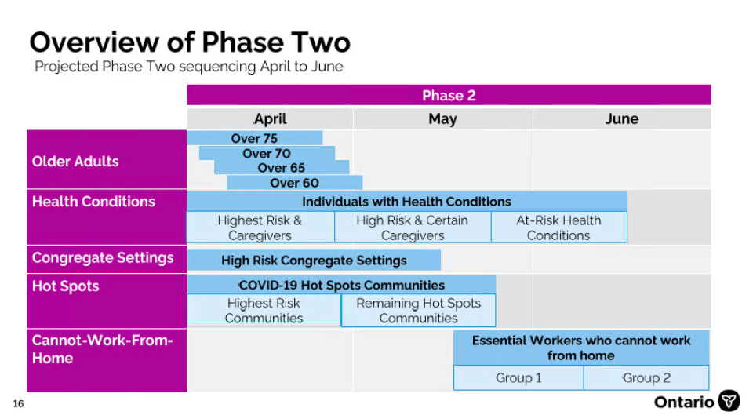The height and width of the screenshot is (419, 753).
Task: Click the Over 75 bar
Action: point(254,138)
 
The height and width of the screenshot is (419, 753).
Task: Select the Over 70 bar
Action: point(267,153)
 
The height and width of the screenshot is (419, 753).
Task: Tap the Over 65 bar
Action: point(282,168)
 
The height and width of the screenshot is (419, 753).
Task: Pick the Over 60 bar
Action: point(294,183)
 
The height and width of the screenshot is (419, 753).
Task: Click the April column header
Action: point(270,118)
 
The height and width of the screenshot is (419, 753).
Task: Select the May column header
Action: point(442,118)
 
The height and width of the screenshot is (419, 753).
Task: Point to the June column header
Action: point(622,118)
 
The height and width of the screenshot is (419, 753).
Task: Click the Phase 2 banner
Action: point(449,95)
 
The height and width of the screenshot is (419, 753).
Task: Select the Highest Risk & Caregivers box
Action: point(260,228)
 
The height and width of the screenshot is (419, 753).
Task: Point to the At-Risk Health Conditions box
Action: point(559,228)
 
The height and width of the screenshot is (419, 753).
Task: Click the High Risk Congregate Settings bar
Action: point(314,260)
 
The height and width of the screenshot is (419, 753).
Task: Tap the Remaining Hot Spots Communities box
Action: point(418,311)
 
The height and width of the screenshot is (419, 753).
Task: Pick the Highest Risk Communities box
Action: point(264,311)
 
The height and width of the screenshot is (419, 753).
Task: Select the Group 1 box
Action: point(518,377)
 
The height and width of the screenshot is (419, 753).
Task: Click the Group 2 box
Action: point(646,377)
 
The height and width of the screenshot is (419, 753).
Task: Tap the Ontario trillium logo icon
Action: point(729,401)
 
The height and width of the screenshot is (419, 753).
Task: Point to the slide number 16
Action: point(18,403)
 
